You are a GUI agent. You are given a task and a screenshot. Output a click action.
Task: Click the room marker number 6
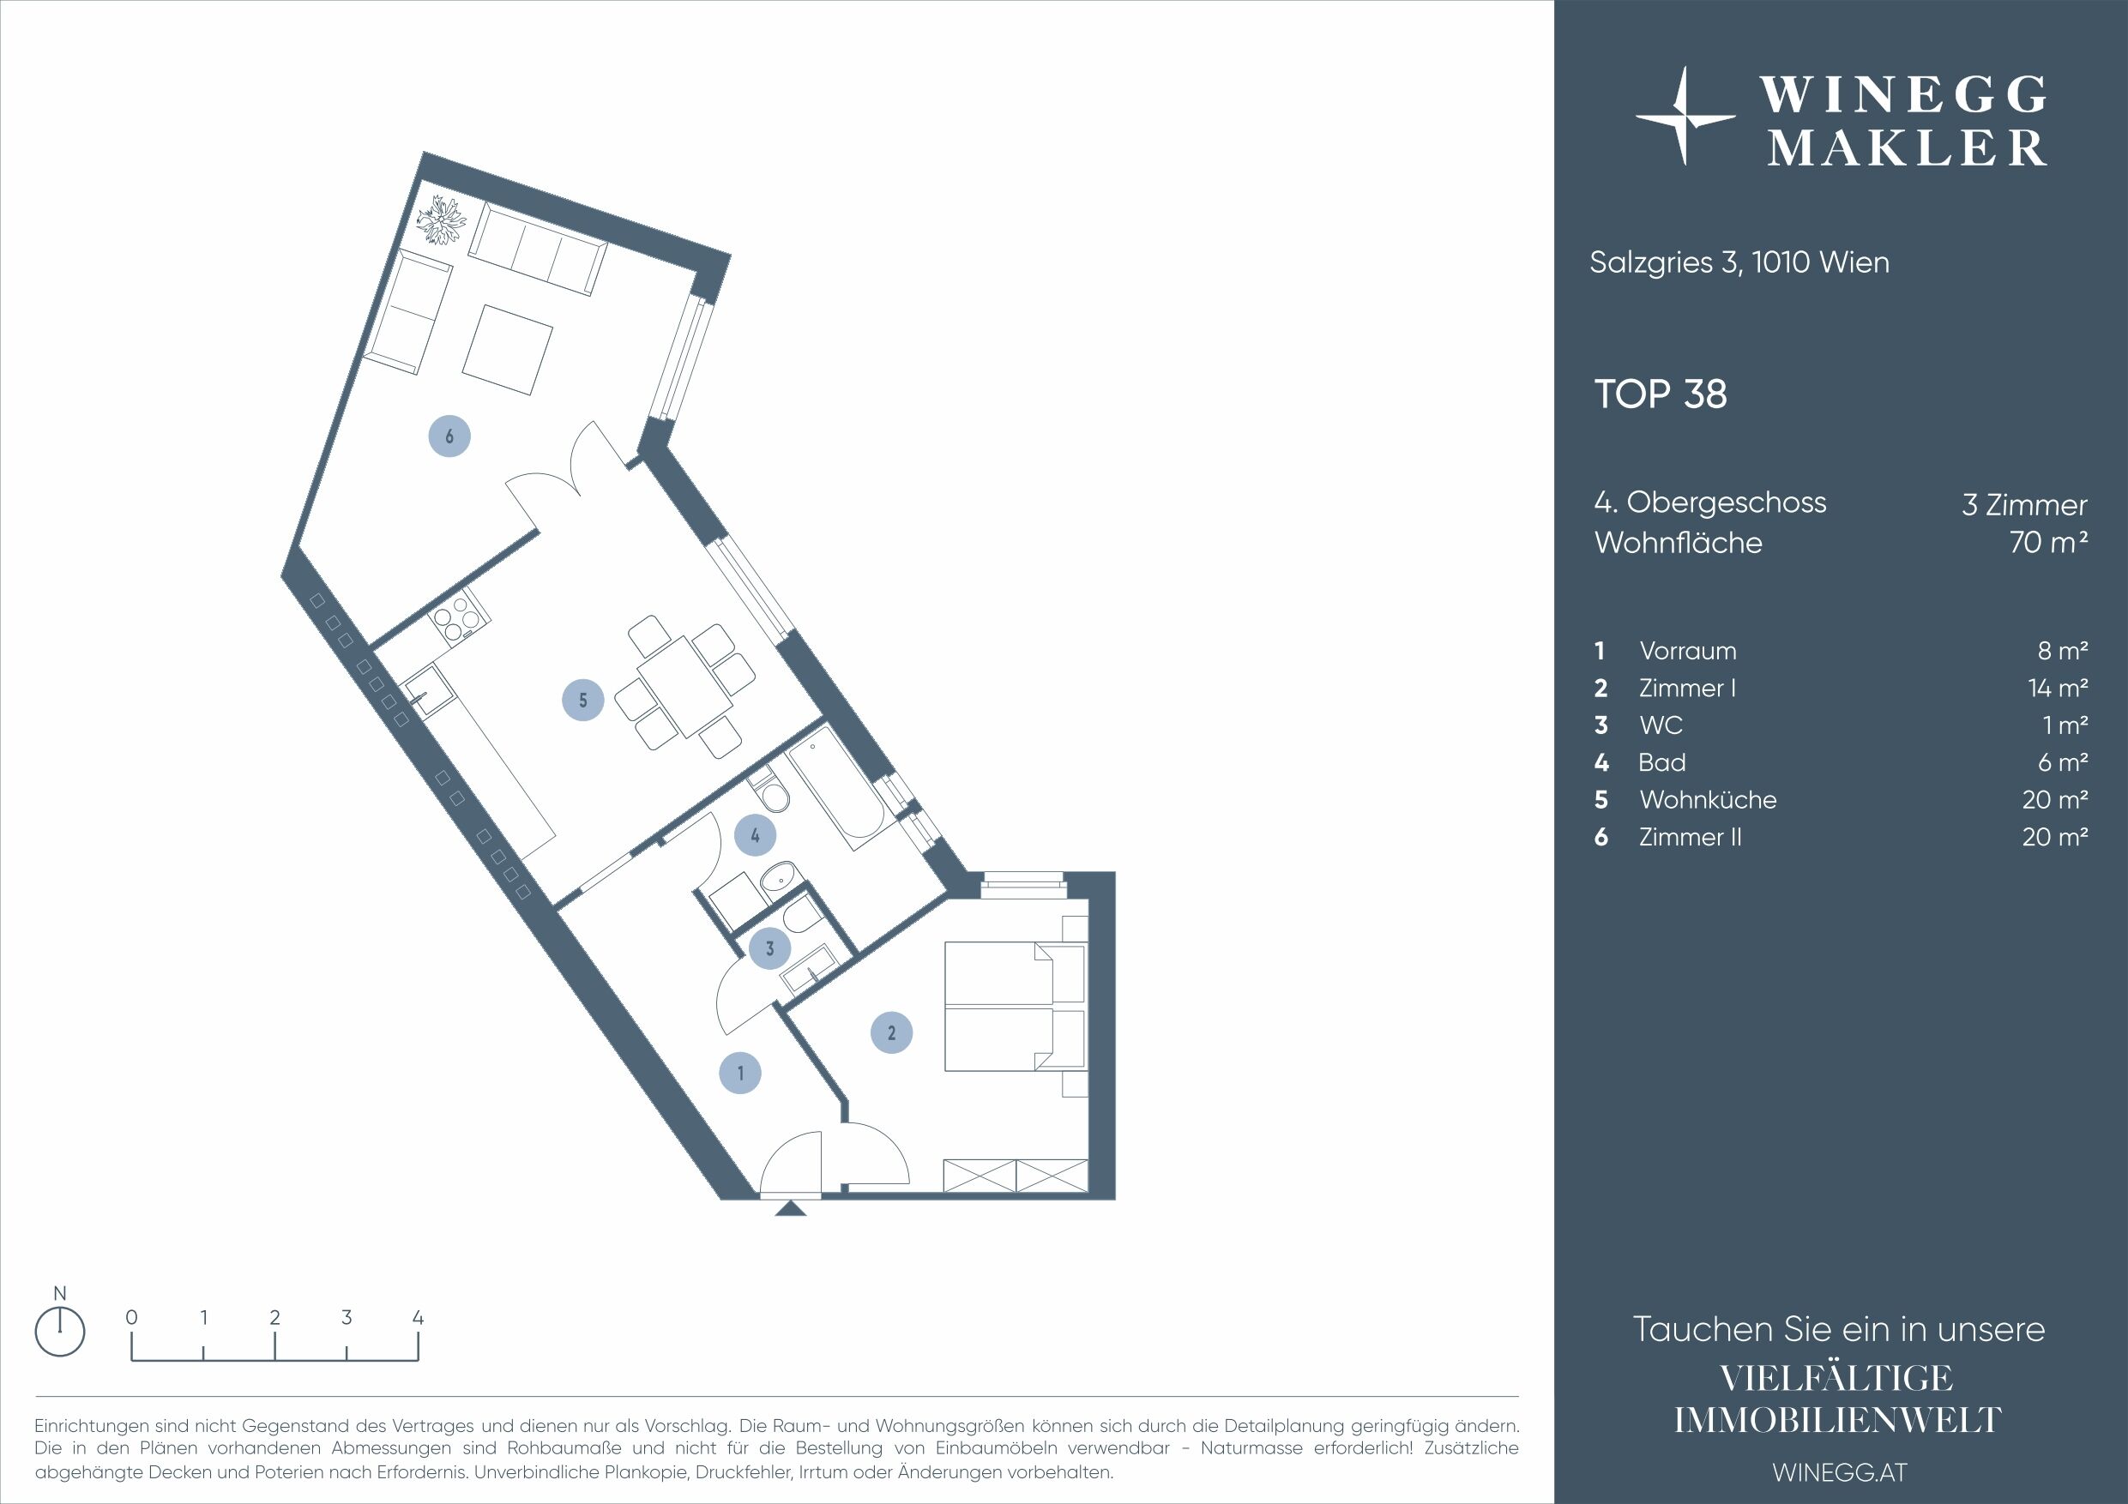[449, 436]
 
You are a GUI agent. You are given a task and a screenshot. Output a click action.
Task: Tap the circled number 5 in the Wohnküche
[583, 700]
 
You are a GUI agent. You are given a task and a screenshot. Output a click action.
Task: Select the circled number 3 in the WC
[769, 948]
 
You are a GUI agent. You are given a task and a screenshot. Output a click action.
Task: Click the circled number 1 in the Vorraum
[740, 1073]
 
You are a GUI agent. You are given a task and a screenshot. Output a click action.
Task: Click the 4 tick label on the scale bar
[418, 1317]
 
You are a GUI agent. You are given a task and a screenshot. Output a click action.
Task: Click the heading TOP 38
[1660, 394]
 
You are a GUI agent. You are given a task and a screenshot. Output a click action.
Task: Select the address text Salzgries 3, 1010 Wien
[1739, 262]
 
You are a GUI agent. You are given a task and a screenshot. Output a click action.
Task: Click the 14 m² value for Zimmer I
[2057, 688]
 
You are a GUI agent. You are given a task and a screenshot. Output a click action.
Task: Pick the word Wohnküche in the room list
[1707, 799]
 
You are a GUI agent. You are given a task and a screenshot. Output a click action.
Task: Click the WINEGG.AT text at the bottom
[1839, 1471]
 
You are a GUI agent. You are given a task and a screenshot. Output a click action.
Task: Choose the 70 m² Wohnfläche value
[2048, 542]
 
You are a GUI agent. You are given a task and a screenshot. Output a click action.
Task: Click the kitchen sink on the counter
[427, 692]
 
